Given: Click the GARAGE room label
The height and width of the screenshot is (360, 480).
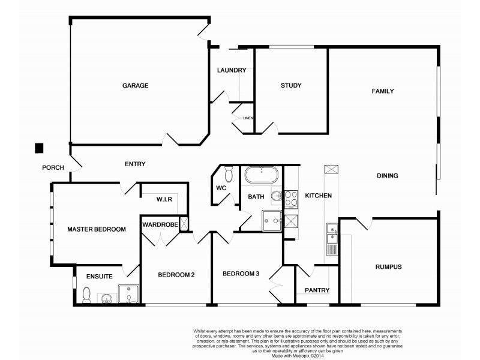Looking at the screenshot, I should tap(135, 86).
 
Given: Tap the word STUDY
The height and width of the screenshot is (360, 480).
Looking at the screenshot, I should tap(290, 86).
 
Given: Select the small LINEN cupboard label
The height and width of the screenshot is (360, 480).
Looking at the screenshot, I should tap(248, 118).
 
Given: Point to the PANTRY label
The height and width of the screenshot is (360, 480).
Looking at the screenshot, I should tap(317, 290).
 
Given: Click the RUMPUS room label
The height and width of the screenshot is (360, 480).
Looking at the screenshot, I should tap(388, 267).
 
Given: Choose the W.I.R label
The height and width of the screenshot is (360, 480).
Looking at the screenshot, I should tap(164, 199).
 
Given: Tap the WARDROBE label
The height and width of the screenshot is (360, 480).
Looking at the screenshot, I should tap(160, 224).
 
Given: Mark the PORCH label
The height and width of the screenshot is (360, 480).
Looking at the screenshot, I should tap(53, 168).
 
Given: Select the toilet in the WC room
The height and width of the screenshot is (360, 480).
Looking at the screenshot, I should tap(228, 175).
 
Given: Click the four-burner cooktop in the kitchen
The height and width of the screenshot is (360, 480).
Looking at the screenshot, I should tap(291, 198).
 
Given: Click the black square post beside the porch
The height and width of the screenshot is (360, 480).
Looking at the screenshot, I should tap(40, 148).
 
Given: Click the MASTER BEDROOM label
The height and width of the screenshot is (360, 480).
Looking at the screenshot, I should tap(96, 229).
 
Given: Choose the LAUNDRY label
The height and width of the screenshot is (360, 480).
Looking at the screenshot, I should tap(232, 70).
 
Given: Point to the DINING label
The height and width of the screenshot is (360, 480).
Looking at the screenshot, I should tap(388, 176).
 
